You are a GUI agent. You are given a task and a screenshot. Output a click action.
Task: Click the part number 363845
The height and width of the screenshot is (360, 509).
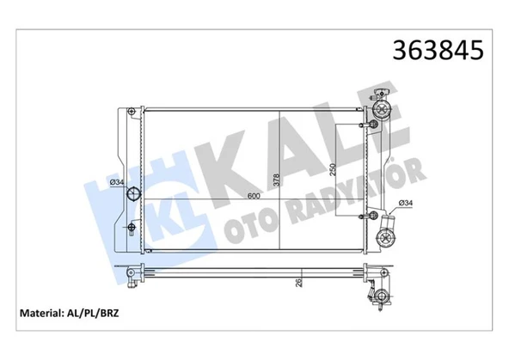pos(438,51)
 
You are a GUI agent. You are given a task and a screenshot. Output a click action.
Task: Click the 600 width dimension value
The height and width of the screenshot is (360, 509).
pos(254,196)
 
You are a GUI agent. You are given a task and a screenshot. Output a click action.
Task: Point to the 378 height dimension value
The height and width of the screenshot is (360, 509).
pos(276,180)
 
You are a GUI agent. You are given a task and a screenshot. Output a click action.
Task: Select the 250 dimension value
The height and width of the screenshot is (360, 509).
pos(333,169)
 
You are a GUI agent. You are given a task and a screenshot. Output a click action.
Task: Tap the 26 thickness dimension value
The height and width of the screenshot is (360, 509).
pos(299,282)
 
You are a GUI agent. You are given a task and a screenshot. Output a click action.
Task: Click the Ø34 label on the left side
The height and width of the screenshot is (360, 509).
pos(117,182)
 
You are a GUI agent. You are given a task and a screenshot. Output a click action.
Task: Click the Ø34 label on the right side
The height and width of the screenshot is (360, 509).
pos(406,203)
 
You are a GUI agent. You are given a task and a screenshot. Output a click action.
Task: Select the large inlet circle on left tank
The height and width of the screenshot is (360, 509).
pos(132,193)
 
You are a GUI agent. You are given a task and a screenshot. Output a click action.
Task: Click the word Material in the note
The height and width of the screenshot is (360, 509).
pos(41,314)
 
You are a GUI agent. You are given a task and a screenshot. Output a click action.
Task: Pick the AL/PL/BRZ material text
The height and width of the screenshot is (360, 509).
pos(93,314)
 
